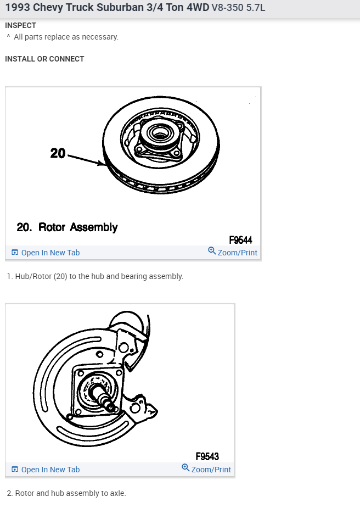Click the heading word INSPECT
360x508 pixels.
tap(20, 25)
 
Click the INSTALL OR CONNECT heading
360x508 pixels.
tap(44, 59)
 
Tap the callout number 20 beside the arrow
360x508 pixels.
tap(58, 153)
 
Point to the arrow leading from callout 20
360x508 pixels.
tap(86, 159)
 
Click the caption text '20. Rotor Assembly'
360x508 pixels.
tap(67, 227)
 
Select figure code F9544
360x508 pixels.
tap(240, 239)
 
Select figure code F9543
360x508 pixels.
tap(207, 456)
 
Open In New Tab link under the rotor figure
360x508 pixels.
tap(50, 253)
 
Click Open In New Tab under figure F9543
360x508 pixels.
tap(50, 470)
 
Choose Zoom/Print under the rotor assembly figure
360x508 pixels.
tap(237, 253)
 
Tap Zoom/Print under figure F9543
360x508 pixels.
tap(211, 470)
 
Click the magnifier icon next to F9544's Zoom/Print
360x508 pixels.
tap(212, 251)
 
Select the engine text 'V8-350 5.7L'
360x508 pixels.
tap(238, 9)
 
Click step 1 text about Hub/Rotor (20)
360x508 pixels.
tap(95, 276)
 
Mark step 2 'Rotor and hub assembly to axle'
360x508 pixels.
tap(66, 493)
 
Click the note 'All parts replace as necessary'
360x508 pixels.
tap(66, 37)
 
